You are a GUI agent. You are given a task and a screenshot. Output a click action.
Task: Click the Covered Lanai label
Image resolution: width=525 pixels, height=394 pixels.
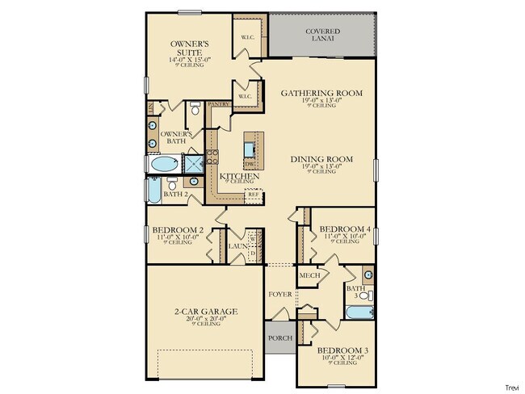[x=321, y=36]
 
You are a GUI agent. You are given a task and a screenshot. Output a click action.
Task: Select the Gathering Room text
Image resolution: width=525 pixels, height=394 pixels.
[x=321, y=93]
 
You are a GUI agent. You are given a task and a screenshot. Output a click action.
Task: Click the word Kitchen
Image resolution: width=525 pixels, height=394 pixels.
[x=239, y=175]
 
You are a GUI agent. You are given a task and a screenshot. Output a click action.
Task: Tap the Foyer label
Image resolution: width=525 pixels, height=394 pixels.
[x=279, y=294]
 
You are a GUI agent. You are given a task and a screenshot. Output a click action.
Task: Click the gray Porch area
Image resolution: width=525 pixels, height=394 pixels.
[x=279, y=338]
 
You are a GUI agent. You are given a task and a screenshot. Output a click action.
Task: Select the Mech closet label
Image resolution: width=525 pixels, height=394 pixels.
[x=310, y=275]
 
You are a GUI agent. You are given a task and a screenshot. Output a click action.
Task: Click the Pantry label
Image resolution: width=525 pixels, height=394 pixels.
[x=218, y=104]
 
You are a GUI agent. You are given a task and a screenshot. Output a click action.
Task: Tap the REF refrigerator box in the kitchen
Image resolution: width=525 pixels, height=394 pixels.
[x=253, y=195]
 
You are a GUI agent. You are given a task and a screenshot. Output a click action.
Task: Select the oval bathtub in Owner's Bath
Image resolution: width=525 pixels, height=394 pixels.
[x=163, y=165]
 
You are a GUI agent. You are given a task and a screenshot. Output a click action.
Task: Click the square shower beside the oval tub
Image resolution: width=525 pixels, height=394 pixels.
[x=195, y=164]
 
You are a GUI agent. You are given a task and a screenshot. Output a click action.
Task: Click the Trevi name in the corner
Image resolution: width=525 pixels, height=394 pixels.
[x=512, y=388]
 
